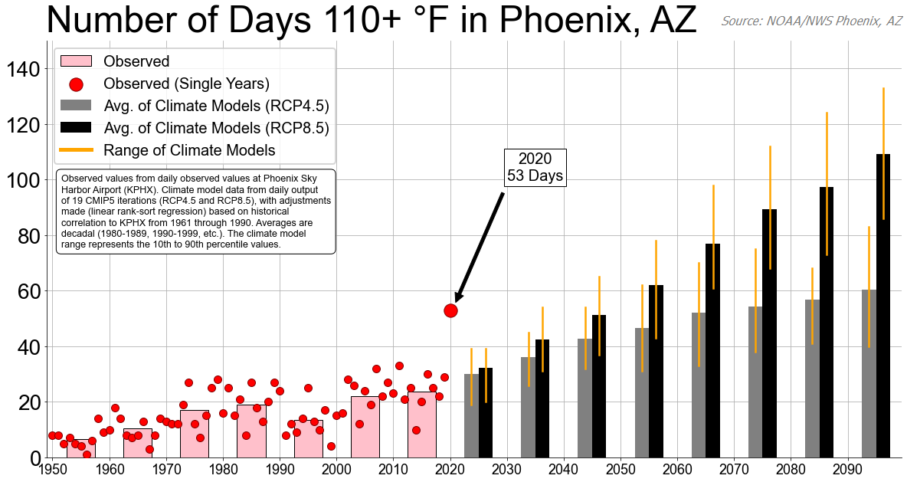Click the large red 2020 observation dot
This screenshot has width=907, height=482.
[450, 310]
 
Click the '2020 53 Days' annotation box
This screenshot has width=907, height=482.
[535, 167]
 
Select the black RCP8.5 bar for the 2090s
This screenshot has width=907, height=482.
[883, 306]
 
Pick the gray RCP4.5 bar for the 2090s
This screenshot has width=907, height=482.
[869, 373]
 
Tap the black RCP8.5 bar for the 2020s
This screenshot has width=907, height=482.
[486, 412]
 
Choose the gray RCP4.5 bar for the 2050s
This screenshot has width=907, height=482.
[642, 393]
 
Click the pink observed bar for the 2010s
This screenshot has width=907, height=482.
[421, 425]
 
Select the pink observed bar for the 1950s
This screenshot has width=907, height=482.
[81, 448]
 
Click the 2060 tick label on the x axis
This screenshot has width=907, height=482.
[678, 469]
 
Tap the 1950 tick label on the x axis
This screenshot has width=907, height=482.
[53, 469]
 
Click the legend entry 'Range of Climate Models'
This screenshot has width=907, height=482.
[189, 150]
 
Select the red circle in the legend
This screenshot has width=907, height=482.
[76, 84]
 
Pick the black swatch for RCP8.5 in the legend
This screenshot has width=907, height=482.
[76, 127]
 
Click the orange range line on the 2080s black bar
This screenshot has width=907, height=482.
[827, 184]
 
